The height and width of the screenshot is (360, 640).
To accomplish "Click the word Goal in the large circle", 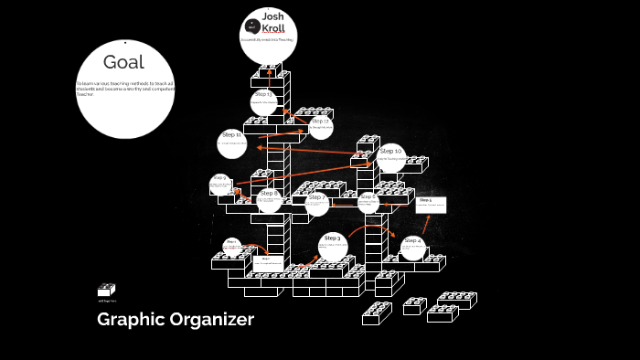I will (123, 62).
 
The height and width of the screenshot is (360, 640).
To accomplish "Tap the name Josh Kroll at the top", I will (272, 23).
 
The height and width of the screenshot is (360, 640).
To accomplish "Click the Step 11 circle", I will (232, 142).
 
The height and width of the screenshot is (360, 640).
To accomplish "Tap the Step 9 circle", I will (220, 183).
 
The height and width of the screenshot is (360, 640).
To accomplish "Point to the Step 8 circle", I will (269, 199).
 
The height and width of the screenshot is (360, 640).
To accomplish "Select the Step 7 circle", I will (316, 203).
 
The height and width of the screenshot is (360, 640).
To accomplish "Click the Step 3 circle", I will (332, 244).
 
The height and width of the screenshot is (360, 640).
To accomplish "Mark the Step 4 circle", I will (412, 246).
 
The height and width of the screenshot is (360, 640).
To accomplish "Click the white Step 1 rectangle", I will (430, 204).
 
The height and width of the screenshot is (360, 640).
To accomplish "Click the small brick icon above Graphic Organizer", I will (106, 290).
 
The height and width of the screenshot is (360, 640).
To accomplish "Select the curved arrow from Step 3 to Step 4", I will (373, 228).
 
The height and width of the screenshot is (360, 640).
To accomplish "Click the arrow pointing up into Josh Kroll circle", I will (271, 70).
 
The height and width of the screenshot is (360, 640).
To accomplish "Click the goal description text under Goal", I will (123, 89).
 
